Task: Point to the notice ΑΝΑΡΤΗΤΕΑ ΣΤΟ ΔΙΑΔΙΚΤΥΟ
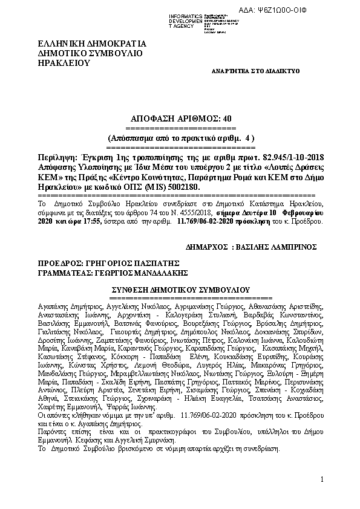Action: pos(255,71)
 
